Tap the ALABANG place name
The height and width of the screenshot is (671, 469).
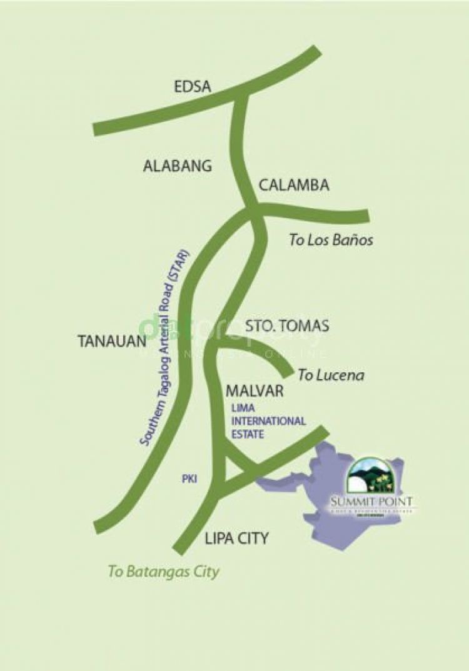click(x=178, y=166)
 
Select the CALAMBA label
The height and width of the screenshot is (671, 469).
click(x=294, y=186)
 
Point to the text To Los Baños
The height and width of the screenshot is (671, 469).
click(x=331, y=240)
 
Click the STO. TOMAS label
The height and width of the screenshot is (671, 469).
click(x=287, y=326)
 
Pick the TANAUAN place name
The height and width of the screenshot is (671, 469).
click(x=112, y=341)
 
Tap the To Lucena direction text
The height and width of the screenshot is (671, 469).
click(x=331, y=375)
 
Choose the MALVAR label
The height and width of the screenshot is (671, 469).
click(x=255, y=392)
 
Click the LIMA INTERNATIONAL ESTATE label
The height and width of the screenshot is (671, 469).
click(x=268, y=420)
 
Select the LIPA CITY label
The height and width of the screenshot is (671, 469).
click(x=236, y=539)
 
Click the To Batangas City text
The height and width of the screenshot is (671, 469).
click(x=164, y=571)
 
